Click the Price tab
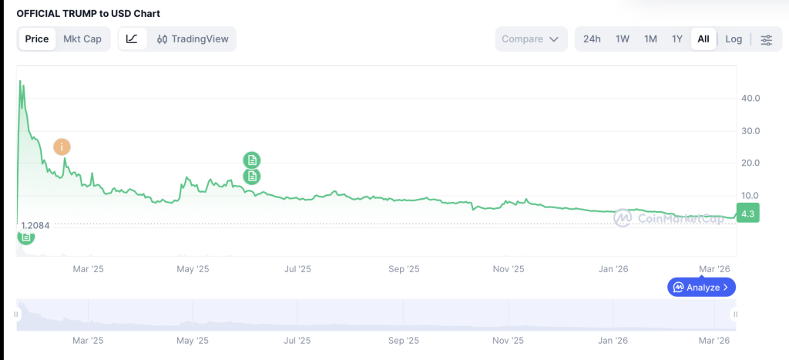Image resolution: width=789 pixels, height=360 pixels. tap(37, 39)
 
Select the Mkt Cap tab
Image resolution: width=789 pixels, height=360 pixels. tap(82, 39)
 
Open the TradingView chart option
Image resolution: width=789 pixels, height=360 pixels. tap(192, 39)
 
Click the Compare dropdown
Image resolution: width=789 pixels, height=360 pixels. tap(531, 39)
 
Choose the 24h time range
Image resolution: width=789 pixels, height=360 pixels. tap(592, 39)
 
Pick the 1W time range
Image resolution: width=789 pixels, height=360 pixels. tap(623, 39)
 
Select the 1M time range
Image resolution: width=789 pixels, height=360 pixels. tap(650, 39)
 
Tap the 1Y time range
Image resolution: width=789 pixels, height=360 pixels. tap(677, 39)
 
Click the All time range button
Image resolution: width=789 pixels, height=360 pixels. tap(703, 39)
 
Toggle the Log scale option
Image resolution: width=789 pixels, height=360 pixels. tap(734, 39)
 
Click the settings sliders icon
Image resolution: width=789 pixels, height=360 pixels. tap(767, 40)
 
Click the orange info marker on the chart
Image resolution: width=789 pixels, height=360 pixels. tap(62, 147)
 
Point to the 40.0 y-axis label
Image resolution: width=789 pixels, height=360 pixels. tap(750, 98)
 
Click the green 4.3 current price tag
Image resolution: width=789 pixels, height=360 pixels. tap(747, 213)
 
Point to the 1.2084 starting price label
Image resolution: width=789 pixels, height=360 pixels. tap(35, 225)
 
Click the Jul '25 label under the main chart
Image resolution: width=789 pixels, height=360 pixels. tap(297, 269)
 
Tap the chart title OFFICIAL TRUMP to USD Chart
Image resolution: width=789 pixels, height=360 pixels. tap(89, 14)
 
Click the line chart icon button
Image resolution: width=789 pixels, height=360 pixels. tap(133, 39)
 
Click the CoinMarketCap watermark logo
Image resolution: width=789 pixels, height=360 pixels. tap(668, 217)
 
